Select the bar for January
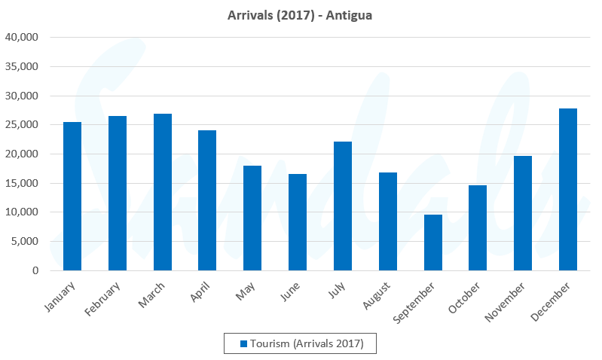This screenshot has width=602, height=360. (72, 196)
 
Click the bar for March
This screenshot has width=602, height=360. (163, 192)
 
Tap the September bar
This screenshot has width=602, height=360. (433, 243)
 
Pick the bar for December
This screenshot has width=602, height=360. (568, 189)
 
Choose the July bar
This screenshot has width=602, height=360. (343, 206)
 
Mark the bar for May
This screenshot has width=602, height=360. (252, 218)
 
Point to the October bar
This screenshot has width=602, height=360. (478, 227)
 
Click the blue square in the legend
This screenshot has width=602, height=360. (243, 343)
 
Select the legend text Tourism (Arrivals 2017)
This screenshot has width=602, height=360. (307, 343)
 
